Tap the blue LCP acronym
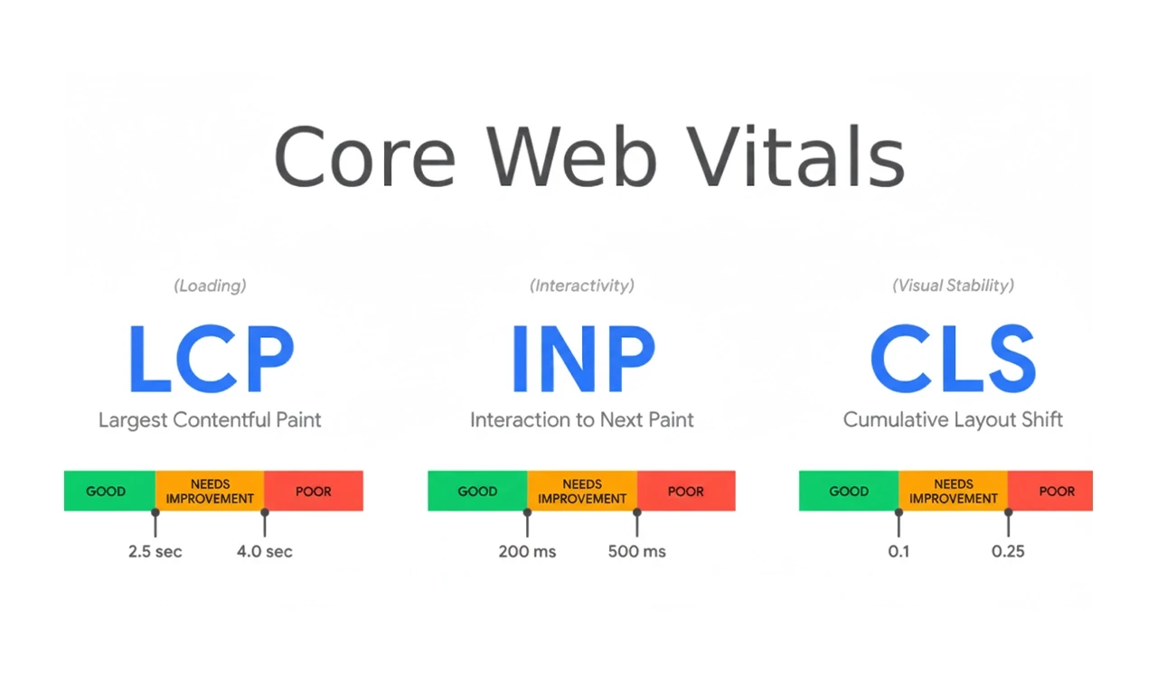(x=211, y=359)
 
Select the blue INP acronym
(x=582, y=359)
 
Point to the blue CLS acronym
(x=953, y=359)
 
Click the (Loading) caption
(x=210, y=286)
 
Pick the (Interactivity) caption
(x=582, y=286)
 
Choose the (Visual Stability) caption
(x=953, y=286)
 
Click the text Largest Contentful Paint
(x=210, y=419)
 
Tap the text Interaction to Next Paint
(x=582, y=419)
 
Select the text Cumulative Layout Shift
(x=953, y=419)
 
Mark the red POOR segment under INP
(x=685, y=491)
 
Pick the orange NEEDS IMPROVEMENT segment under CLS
(x=953, y=491)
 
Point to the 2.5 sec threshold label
(x=155, y=551)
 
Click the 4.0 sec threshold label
(x=265, y=551)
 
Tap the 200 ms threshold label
(x=527, y=551)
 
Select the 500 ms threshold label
(x=637, y=551)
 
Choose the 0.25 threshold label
(x=1008, y=551)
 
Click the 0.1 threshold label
(x=898, y=551)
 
